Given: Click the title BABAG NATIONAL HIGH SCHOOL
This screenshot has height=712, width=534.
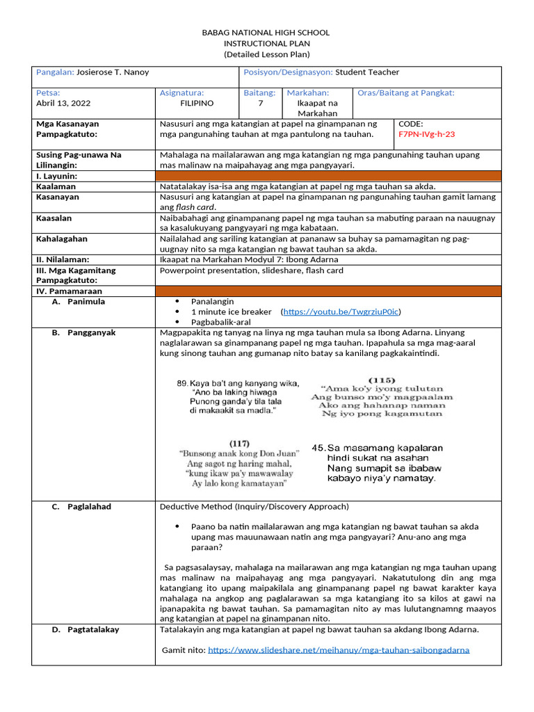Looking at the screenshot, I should click(x=266, y=33).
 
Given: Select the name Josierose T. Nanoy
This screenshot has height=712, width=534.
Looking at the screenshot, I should click(x=112, y=72).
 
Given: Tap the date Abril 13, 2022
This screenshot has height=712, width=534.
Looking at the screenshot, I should click(x=63, y=103).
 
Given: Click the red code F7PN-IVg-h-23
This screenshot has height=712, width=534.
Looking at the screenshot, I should click(x=426, y=134).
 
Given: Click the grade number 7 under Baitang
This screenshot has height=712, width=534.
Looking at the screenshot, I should click(x=260, y=103).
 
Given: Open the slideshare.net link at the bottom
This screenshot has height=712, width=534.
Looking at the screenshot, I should click(x=338, y=650).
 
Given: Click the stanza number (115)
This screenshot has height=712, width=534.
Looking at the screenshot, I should click(x=382, y=380).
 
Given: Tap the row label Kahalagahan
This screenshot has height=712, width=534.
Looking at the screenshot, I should click(x=62, y=239).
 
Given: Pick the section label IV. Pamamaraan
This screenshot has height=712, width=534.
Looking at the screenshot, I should click(x=69, y=291).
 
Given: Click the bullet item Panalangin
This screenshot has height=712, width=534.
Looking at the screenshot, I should click(x=213, y=302).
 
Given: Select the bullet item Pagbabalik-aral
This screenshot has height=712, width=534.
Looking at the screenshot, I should click(x=222, y=323).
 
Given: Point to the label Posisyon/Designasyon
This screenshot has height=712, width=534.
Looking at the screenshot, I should click(x=288, y=72).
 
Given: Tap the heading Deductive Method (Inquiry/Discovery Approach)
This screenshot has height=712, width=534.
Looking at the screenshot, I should click(x=254, y=507).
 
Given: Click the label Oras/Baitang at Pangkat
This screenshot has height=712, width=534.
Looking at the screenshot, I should click(x=406, y=92).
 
